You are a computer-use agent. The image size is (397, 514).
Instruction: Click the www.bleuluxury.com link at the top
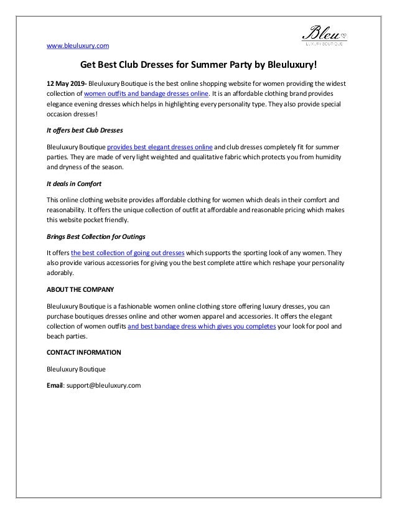(x=78, y=45)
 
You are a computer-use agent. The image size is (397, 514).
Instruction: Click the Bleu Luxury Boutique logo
(x=323, y=34)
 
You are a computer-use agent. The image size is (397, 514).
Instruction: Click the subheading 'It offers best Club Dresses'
(x=85, y=131)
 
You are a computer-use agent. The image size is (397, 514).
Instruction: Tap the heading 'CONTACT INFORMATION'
(x=84, y=353)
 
